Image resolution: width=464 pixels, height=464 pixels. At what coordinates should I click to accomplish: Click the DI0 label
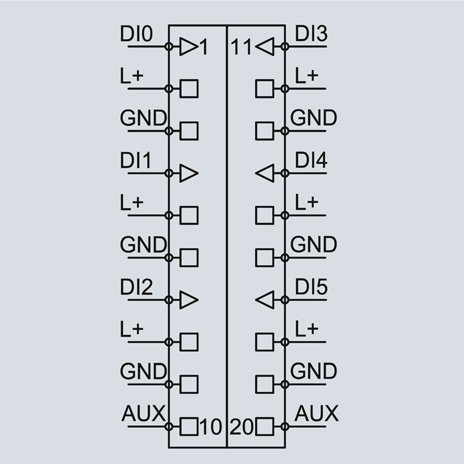[x=137, y=34]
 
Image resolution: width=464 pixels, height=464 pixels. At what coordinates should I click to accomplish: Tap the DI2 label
[x=137, y=288]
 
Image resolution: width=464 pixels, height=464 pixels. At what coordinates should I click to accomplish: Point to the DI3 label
[x=311, y=34]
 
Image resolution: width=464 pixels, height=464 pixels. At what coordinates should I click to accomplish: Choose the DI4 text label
[x=311, y=161]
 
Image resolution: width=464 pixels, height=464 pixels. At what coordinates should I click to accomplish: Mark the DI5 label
[x=311, y=288]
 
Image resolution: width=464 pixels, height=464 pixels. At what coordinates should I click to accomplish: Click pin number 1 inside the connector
[x=203, y=47]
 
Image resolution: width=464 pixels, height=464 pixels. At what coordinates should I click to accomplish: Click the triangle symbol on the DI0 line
[x=188, y=46]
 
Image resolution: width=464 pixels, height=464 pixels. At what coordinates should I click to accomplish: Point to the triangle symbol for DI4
[x=264, y=173]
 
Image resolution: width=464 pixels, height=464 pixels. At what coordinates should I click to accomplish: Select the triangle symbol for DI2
[x=188, y=300]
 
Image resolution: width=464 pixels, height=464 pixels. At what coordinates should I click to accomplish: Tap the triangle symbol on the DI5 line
[x=264, y=300]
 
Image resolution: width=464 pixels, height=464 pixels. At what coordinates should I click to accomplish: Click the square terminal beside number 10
[x=189, y=427]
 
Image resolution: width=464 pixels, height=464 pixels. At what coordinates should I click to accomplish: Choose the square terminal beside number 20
[x=264, y=427]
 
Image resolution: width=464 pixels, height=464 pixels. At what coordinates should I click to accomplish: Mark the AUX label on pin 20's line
[x=316, y=415]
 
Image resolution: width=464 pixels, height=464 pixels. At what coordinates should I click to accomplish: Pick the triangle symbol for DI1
[x=188, y=173]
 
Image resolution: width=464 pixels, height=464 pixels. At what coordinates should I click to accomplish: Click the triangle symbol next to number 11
[x=264, y=46]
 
